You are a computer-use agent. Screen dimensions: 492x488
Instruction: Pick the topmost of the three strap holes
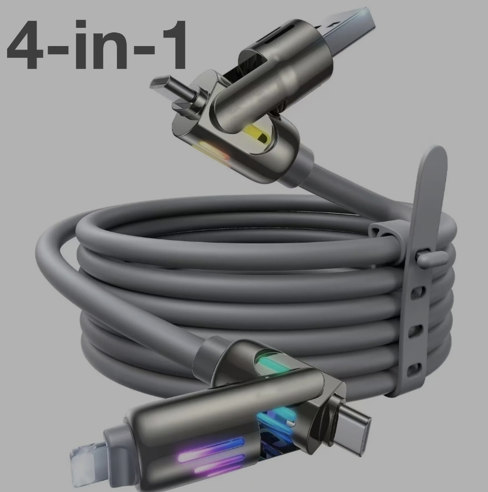[x=417, y=293]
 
